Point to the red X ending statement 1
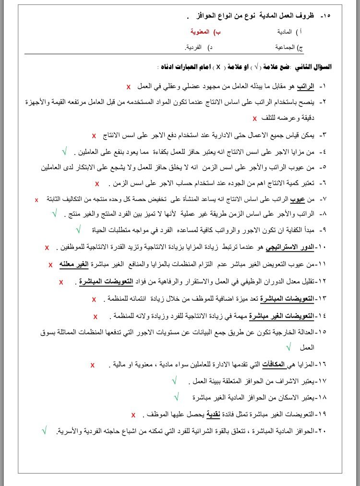tap(129, 87)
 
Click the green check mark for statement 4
tap(64, 152)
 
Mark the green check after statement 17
tap(174, 380)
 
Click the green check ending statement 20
tap(44, 431)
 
